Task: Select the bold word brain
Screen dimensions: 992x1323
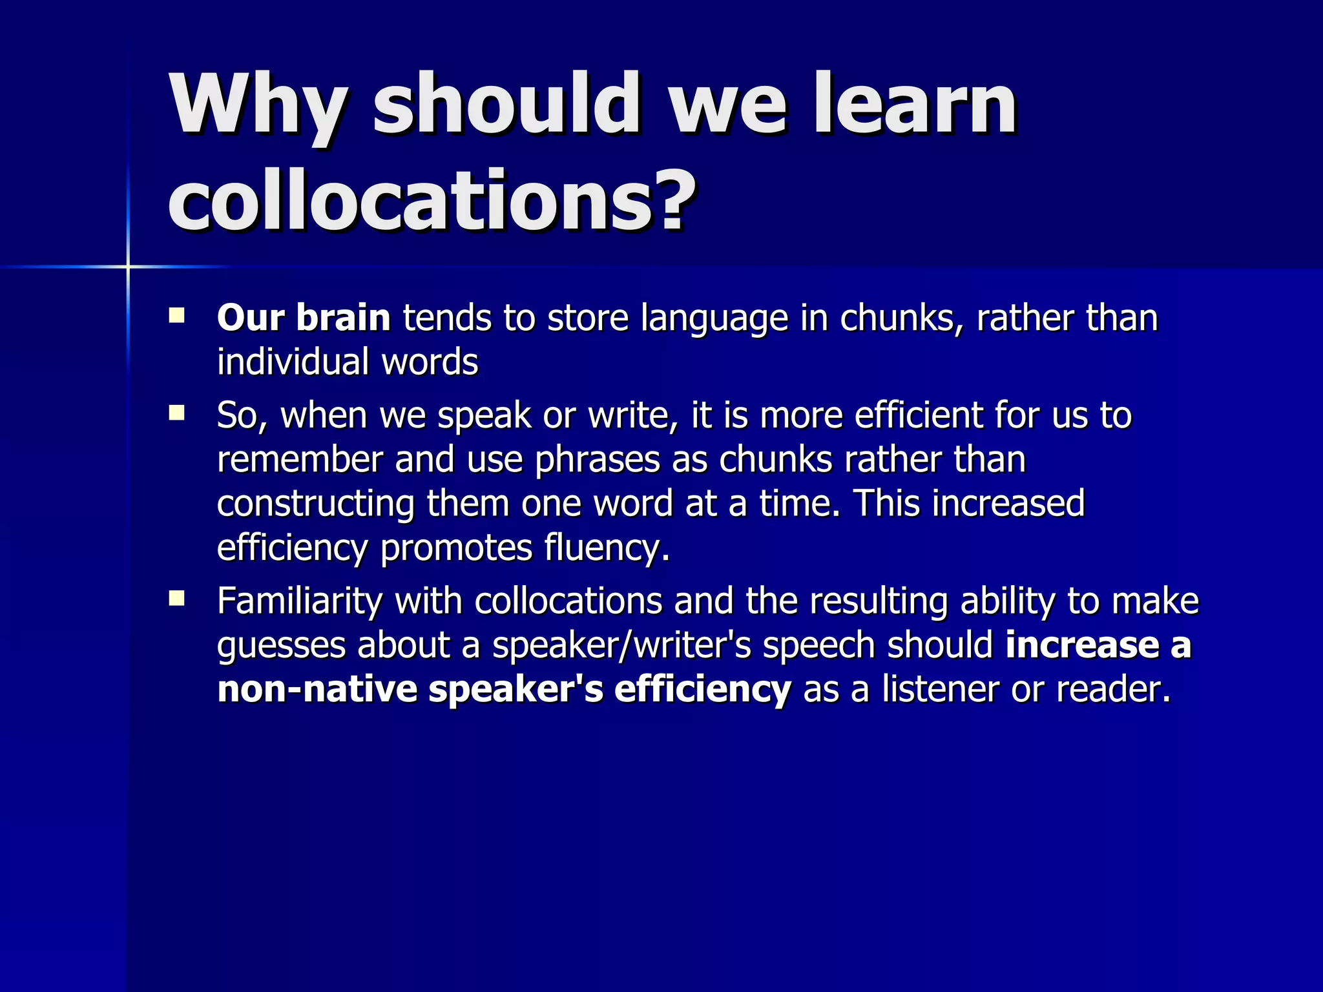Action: [343, 318]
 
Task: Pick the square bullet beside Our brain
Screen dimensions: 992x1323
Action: [176, 316]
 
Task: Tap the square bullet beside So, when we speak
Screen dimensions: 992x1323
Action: [176, 413]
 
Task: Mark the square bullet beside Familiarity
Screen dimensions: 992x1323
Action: [176, 599]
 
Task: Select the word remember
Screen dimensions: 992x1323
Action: [300, 459]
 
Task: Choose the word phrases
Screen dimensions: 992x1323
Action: [598, 460]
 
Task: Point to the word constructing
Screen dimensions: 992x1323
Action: [315, 503]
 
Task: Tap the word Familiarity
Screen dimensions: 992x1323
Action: [300, 601]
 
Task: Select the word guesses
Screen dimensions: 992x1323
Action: [281, 646]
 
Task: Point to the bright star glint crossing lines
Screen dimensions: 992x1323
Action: [128, 266]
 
